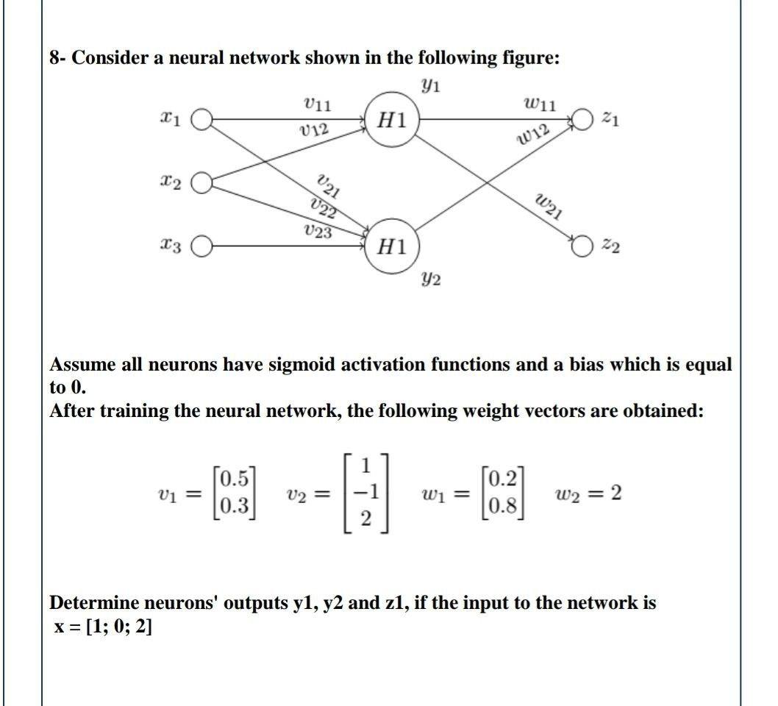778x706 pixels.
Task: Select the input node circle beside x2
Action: coord(202,182)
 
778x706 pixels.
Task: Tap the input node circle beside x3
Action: coord(202,246)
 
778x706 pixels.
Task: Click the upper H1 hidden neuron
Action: coord(391,120)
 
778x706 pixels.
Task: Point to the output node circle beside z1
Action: coord(582,119)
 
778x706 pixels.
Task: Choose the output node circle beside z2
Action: coord(582,245)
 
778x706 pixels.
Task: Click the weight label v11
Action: coord(318,105)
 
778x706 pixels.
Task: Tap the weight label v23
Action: coord(317,231)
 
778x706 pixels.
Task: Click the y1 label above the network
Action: coord(431,85)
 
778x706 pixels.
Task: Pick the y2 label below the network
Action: coord(431,278)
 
